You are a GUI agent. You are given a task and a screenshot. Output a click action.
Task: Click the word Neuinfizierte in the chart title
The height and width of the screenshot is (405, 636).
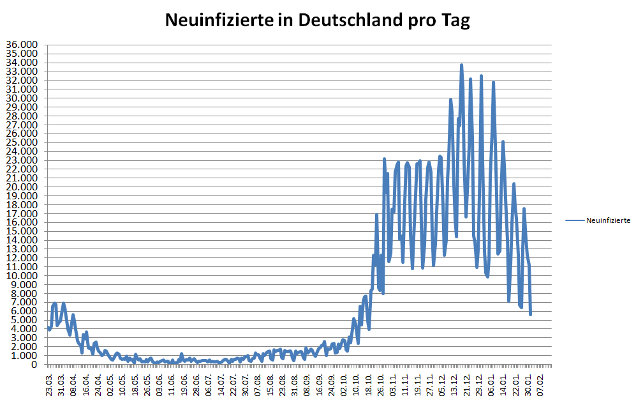(214, 20)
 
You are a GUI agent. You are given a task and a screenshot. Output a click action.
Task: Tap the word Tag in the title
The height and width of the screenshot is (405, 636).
(455, 20)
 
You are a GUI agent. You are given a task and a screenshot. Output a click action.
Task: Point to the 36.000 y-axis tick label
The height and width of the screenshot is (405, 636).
(22, 45)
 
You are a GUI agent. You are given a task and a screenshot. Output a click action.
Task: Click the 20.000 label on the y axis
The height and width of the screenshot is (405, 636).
(22, 187)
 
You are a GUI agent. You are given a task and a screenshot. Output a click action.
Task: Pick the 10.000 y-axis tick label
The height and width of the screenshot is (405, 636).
(22, 275)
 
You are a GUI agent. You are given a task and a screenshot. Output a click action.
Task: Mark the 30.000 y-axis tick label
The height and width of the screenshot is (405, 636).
(22, 98)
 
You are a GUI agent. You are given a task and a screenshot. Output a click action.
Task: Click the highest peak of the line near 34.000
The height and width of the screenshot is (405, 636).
(461, 65)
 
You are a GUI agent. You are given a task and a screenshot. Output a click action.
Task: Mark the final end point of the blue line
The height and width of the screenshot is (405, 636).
(530, 314)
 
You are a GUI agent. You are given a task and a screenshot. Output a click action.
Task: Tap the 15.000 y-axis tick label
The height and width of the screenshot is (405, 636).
(22, 231)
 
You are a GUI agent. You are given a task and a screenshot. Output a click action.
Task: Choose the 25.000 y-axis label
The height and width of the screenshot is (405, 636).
(22, 142)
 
